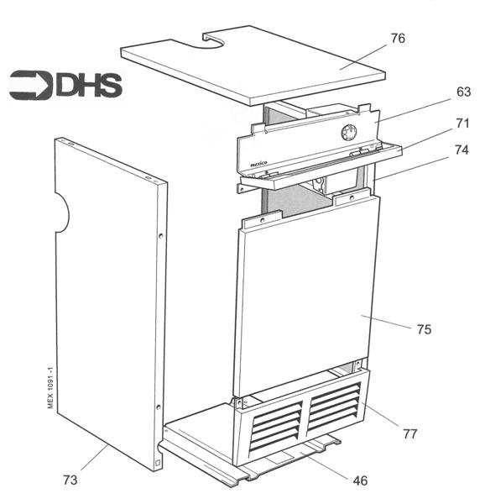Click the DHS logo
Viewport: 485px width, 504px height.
65,86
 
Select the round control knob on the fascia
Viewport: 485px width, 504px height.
348,133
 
